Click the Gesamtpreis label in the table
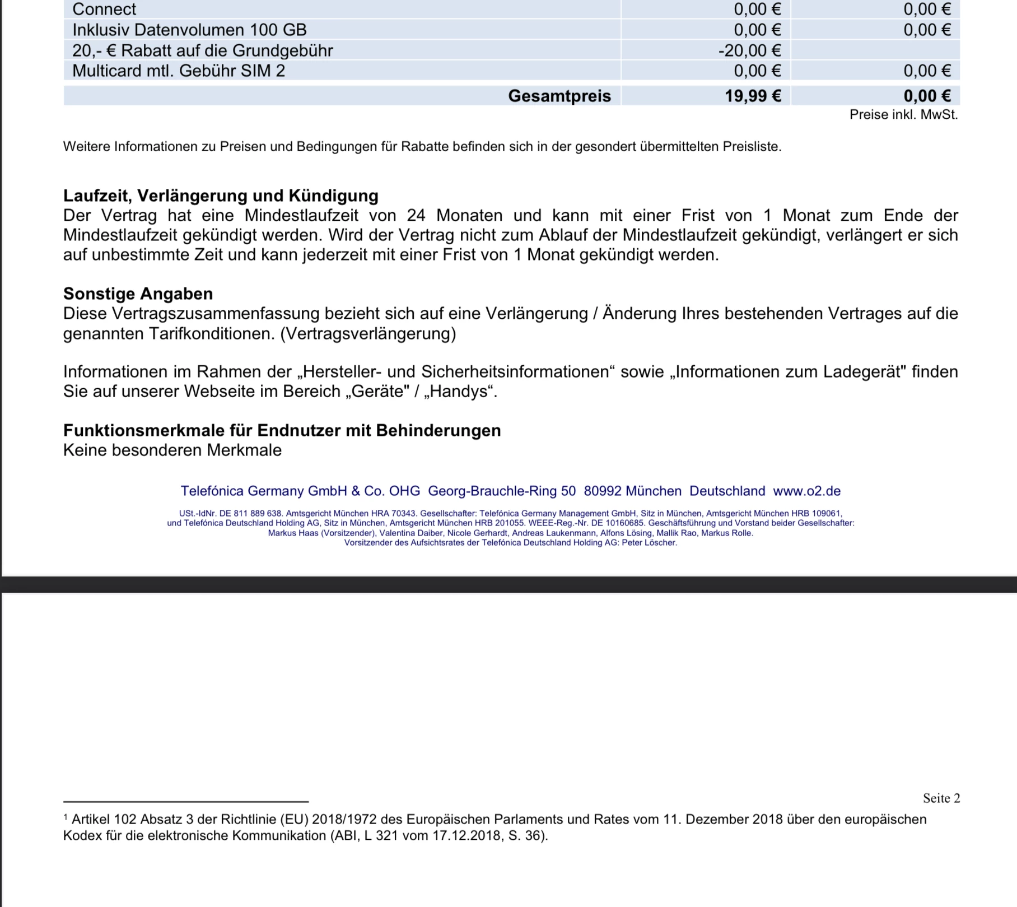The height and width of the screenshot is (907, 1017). [559, 96]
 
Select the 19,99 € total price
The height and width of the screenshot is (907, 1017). [753, 96]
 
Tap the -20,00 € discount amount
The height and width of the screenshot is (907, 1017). [749, 50]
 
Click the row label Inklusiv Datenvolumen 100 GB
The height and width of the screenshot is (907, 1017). [189, 30]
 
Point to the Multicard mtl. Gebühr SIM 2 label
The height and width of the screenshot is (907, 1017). [179, 71]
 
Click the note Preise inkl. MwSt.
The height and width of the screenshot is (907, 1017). [903, 115]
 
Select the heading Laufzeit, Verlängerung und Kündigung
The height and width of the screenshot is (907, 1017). [221, 196]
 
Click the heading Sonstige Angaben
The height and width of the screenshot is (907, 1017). [138, 294]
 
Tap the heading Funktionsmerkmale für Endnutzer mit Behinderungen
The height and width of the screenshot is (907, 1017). [282, 430]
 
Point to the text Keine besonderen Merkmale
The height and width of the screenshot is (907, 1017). [172, 450]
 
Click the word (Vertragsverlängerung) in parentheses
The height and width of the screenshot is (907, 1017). [368, 333]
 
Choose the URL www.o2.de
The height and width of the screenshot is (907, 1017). [806, 491]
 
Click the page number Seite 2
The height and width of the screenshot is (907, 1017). [941, 798]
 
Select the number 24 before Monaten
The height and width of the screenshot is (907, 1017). [416, 216]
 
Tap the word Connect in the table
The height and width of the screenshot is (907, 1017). [104, 10]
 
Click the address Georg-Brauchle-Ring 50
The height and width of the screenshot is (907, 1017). [501, 491]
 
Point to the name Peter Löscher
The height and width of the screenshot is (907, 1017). [649, 542]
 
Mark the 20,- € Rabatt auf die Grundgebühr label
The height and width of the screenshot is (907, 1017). [202, 50]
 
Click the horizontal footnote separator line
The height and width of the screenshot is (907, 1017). [185, 802]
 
